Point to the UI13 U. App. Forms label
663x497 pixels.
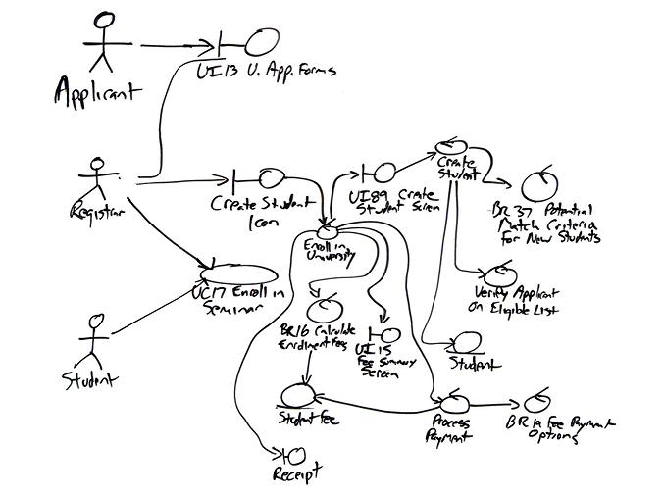[x=265, y=71]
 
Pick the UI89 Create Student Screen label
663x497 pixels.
[x=393, y=202]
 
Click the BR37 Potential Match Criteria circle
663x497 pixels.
[x=542, y=183]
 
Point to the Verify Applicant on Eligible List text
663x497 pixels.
[x=515, y=301]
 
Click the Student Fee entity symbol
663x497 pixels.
[x=295, y=393]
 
